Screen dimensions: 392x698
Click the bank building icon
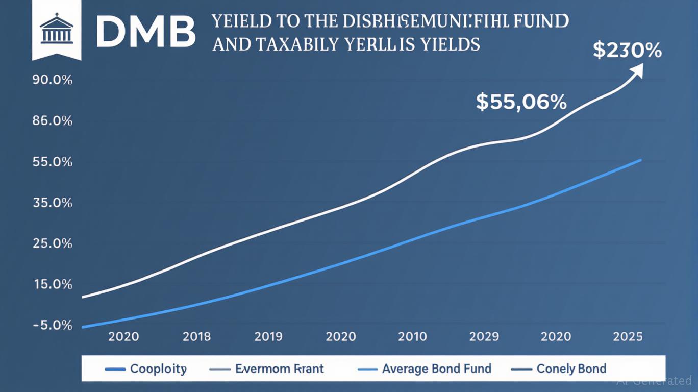click(x=56, y=30)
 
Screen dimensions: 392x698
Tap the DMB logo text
click(x=145, y=32)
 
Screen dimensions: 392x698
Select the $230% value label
click(x=627, y=51)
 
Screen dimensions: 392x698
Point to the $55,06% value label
click(x=521, y=102)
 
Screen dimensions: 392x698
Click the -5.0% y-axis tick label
click(x=52, y=325)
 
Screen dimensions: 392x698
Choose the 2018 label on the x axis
click(x=196, y=337)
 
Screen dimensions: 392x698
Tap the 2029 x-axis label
click(x=484, y=337)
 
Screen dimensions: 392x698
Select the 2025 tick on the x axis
click(x=628, y=337)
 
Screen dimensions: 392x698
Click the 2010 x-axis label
click(x=412, y=337)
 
